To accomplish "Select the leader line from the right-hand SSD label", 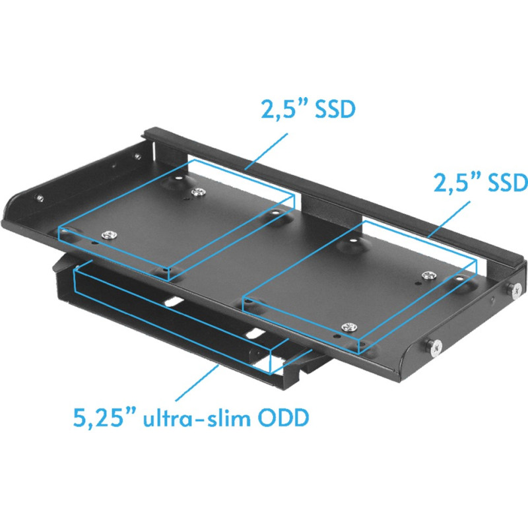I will point(449,218).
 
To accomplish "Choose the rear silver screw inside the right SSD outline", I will point(428,275).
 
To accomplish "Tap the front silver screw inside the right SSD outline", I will point(350,325).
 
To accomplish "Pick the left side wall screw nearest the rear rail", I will point(137,156).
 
